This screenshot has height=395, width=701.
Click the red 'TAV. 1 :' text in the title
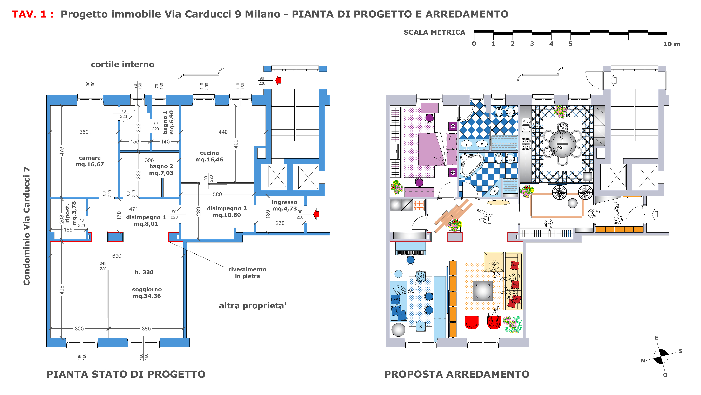tap(33, 14)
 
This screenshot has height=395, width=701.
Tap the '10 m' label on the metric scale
tap(672, 44)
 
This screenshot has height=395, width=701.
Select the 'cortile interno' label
tap(122, 65)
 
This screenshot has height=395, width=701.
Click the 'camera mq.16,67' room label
tap(90, 161)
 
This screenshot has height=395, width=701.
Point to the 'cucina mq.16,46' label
tap(209, 156)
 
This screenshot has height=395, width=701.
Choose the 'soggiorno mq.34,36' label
tap(147, 293)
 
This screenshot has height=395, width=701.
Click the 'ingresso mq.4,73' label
tap(284, 205)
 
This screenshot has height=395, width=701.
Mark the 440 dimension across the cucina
tap(223, 132)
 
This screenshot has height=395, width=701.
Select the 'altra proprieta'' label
tap(253, 306)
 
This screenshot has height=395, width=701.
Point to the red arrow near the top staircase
tap(278, 80)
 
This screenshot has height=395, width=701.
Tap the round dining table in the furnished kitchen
tap(562, 144)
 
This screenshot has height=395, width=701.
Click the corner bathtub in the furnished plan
tap(472, 165)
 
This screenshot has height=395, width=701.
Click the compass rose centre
tap(661, 356)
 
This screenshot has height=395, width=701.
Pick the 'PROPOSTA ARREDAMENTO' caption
tap(457, 374)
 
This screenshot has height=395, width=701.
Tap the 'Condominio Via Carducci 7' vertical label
tap(26, 226)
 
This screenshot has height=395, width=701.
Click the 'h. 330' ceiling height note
tap(144, 272)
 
